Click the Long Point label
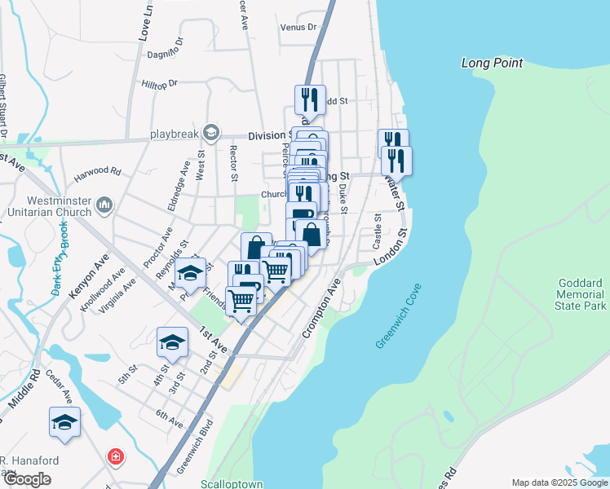[x=492, y=63]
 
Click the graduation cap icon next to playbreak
[x=211, y=133]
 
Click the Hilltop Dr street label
[x=159, y=83]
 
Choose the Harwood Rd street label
[x=97, y=172]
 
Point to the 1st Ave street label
[x=214, y=341]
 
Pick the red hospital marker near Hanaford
[x=116, y=456]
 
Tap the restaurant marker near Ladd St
[x=310, y=99]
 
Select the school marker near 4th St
[x=172, y=342]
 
